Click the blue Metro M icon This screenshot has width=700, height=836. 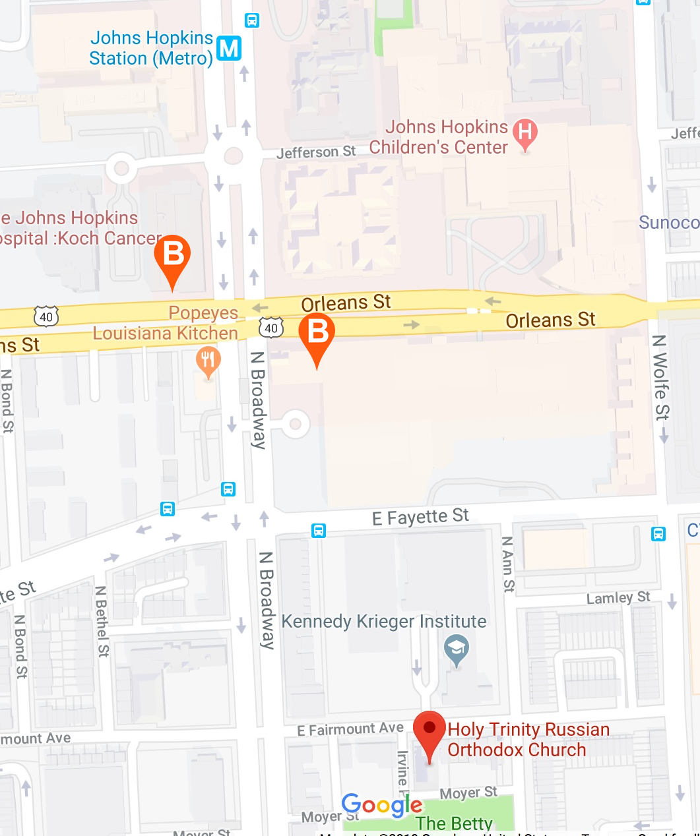point(229,48)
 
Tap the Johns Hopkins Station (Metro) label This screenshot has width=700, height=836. point(151,48)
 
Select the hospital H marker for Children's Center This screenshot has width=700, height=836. point(525,133)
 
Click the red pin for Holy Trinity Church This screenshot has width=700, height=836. point(430,729)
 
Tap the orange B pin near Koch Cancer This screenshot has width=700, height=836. point(172,255)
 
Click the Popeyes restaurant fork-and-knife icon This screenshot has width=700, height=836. point(208,360)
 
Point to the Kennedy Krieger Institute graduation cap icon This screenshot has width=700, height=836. point(456,647)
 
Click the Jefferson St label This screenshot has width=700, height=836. point(316,152)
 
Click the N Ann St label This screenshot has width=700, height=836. point(507,564)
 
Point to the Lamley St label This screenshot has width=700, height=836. point(618,598)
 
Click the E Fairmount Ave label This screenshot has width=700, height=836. point(350,729)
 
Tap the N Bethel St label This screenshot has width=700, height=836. point(102,621)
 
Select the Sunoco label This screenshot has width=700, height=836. point(668,223)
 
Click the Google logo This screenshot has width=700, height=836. point(381,806)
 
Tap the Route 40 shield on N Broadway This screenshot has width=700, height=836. point(271,328)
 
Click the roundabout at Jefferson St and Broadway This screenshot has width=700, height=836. point(233,156)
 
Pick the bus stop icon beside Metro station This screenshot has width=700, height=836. point(252,20)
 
